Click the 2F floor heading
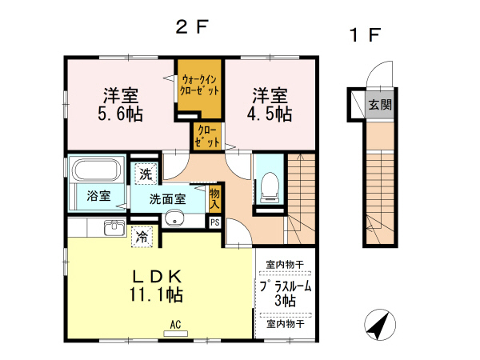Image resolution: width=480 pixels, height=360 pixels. [x=192, y=26]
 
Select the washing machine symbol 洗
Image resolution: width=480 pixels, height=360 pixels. [x=145, y=173]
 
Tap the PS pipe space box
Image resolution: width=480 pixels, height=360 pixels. [x=214, y=222]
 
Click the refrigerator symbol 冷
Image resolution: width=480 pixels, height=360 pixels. [x=142, y=237]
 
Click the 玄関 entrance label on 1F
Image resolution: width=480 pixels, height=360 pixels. [x=380, y=104]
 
